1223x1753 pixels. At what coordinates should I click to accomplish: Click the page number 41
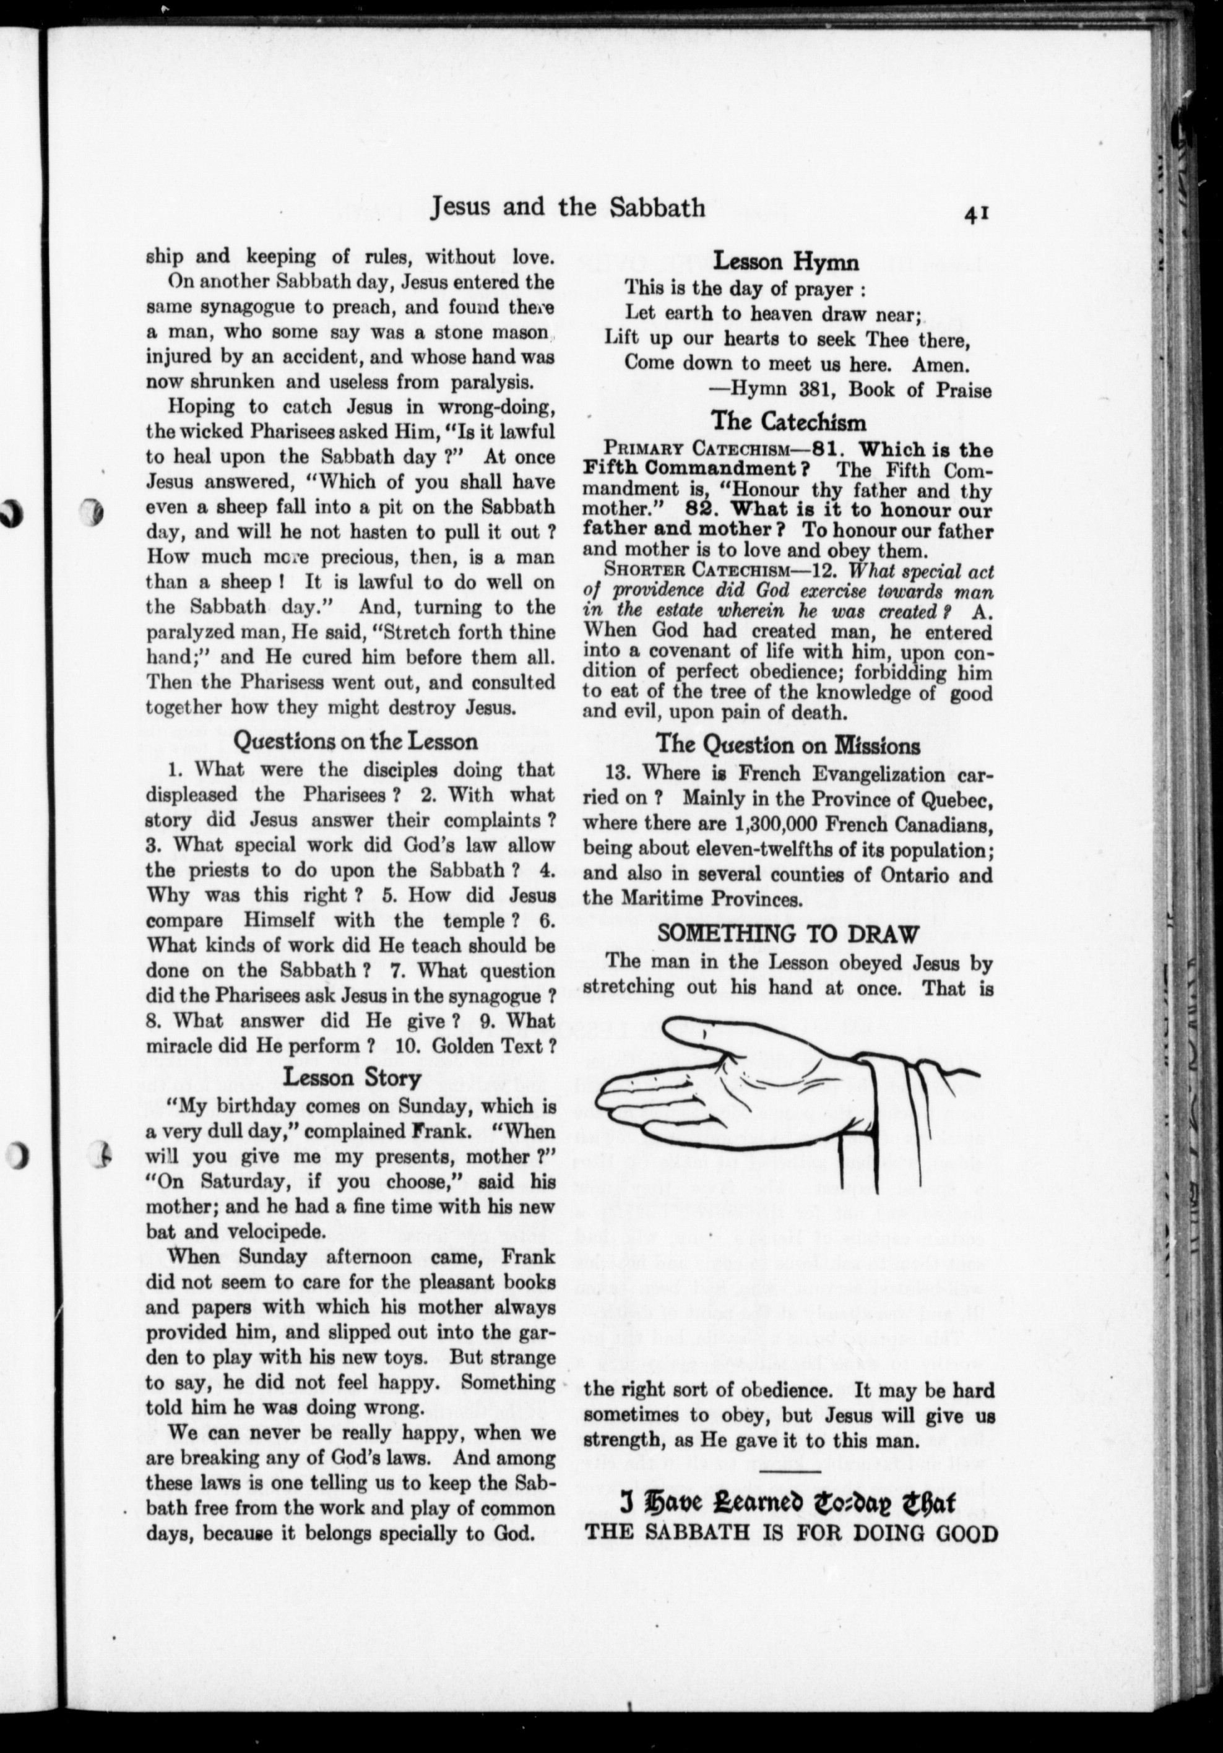click(x=977, y=215)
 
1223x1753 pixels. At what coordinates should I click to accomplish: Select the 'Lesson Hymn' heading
click(x=785, y=262)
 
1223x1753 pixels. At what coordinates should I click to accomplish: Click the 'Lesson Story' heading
click(x=352, y=1077)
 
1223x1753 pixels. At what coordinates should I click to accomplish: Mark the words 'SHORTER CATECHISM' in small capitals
click(x=684, y=570)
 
